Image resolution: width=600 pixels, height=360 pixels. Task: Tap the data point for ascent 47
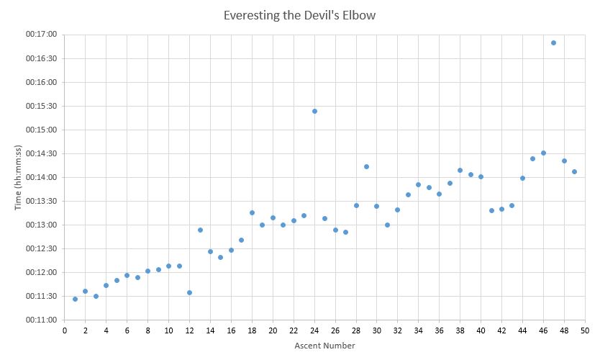click(553, 42)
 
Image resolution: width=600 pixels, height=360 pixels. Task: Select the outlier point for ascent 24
click(314, 111)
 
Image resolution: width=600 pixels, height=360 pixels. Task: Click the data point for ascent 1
click(75, 299)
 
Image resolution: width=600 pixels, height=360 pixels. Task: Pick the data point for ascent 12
click(189, 292)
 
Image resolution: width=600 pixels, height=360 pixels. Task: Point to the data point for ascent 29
click(366, 166)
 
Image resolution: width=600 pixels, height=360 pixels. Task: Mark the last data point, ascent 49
click(574, 171)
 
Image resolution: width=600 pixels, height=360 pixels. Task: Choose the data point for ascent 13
click(200, 230)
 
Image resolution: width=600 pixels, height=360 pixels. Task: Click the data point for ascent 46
click(543, 153)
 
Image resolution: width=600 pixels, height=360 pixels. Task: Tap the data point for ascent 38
click(460, 170)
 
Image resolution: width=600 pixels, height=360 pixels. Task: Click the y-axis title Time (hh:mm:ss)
click(18, 176)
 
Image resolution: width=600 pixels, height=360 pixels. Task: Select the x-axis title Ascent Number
click(324, 346)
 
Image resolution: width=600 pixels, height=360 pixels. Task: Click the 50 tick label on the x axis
click(585, 330)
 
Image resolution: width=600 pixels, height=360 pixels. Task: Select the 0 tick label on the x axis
click(65, 330)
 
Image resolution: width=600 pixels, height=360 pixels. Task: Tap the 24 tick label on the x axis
click(314, 330)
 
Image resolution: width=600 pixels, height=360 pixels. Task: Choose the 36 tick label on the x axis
click(439, 330)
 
